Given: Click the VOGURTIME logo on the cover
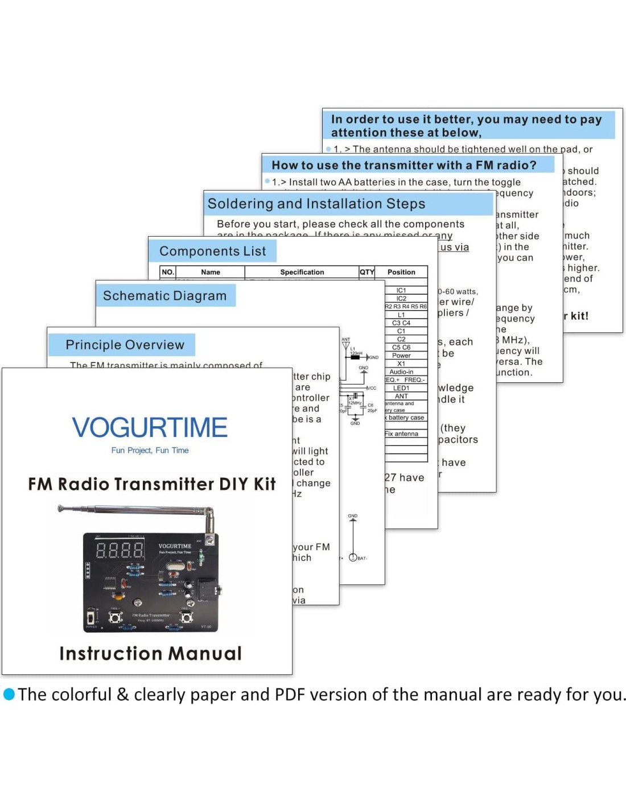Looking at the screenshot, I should [x=150, y=427].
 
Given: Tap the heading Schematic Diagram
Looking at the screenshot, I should [x=164, y=296].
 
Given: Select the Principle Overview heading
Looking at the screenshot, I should [x=125, y=345].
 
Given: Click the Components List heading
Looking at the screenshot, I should [x=212, y=251].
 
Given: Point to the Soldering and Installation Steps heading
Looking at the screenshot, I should [x=316, y=204].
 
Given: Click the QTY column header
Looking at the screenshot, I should [x=366, y=272].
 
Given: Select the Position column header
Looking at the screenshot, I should [x=401, y=272].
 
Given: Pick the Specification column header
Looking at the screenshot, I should [x=302, y=272].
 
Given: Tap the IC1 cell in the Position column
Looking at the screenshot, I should [x=401, y=290].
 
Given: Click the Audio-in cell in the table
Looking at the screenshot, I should [x=401, y=372].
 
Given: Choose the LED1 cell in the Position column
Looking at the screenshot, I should [x=401, y=388].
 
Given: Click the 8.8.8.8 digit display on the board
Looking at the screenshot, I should [x=120, y=550].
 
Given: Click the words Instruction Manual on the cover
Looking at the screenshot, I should [x=150, y=653].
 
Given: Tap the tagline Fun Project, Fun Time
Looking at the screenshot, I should [x=150, y=450].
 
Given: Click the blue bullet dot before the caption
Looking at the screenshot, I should [x=9, y=694].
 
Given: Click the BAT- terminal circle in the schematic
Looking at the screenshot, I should [x=353, y=558].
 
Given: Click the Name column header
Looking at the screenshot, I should [x=210, y=272].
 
